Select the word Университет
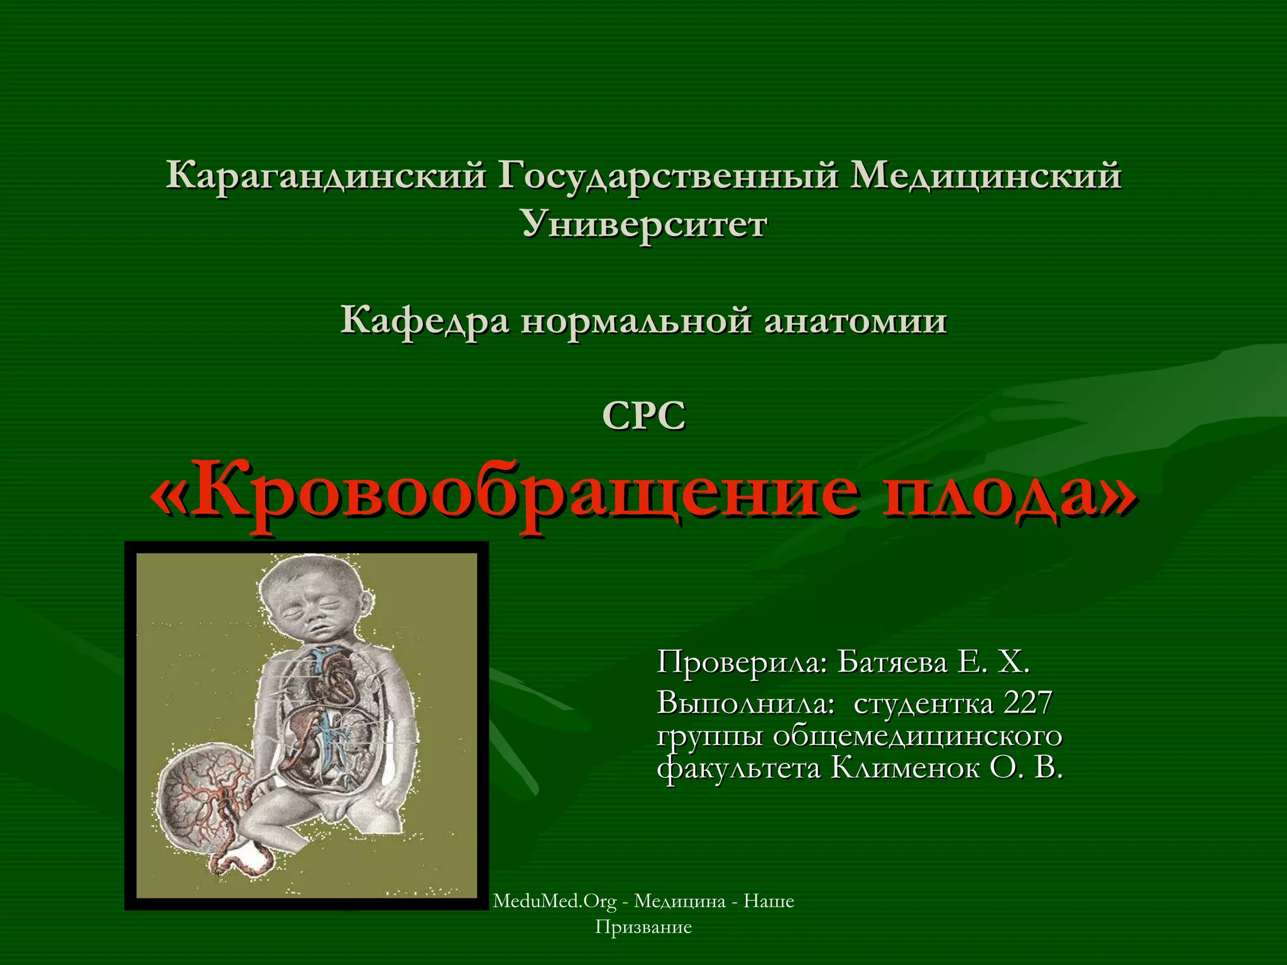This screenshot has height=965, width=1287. coord(644,224)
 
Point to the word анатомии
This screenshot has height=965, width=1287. coord(855,321)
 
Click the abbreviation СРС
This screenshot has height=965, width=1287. coord(643,416)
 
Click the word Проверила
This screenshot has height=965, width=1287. coord(742,662)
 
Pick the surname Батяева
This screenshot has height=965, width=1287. coord(892,662)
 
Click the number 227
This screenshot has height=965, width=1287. coord(1028,702)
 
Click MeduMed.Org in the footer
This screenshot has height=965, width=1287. coord(555,901)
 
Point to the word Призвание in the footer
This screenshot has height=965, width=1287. coord(643,927)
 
